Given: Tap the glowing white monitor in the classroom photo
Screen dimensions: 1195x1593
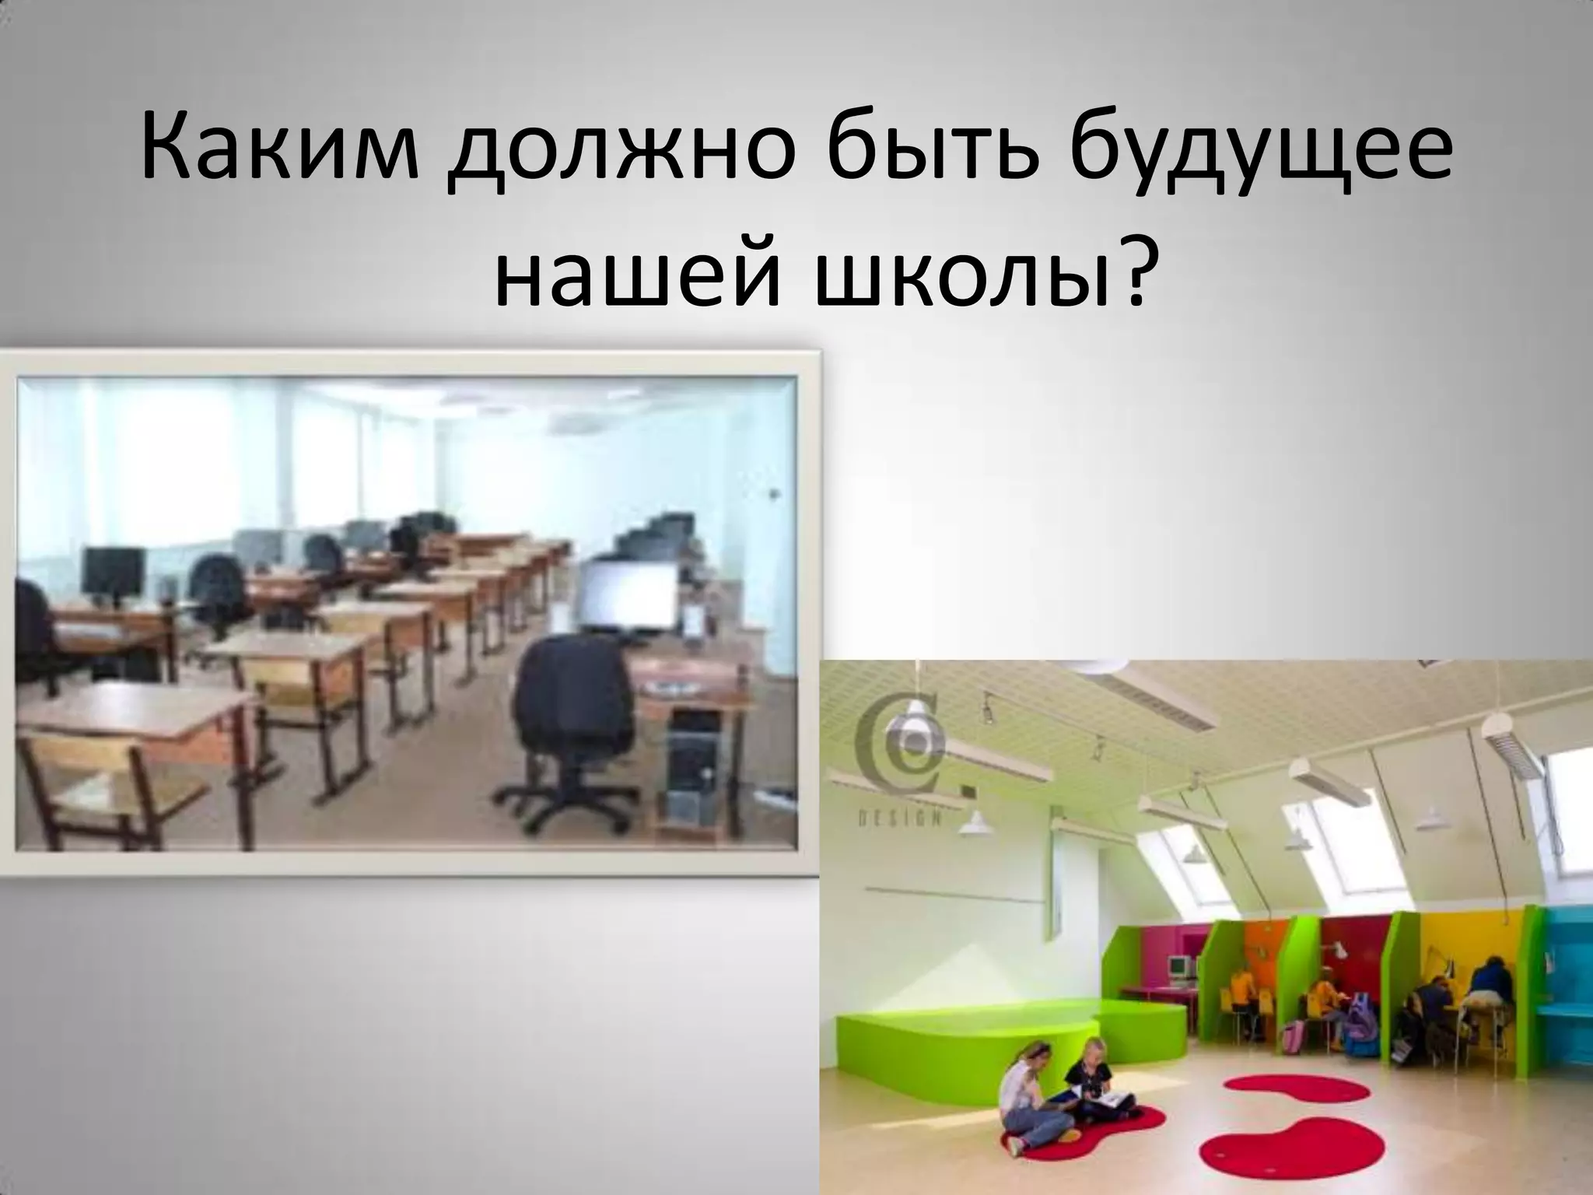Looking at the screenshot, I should click(629, 595).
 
